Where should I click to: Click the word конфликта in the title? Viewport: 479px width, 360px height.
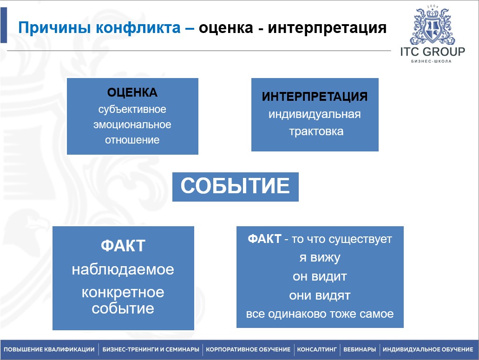(138, 28)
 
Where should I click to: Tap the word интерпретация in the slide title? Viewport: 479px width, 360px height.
(327, 28)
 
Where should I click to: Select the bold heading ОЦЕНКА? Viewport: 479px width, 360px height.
(132, 92)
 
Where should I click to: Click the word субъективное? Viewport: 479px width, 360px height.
(132, 109)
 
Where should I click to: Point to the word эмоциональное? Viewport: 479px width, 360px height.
(132, 124)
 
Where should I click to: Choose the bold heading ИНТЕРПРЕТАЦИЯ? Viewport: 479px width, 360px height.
(315, 97)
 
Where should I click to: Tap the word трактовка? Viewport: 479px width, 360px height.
(316, 131)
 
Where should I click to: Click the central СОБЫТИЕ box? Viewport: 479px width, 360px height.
(235, 187)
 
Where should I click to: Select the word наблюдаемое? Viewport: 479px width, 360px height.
(123, 269)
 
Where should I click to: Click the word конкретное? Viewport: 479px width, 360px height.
(123, 293)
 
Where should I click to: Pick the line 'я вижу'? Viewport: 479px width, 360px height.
(320, 258)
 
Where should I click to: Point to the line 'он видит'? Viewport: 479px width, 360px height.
(320, 277)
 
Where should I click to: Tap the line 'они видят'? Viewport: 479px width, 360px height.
(320, 295)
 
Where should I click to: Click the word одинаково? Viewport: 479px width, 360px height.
(294, 314)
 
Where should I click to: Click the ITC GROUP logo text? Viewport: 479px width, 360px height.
(433, 52)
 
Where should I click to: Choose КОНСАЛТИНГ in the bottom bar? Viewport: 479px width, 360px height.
(317, 349)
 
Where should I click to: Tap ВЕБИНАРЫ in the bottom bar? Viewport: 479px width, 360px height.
(360, 349)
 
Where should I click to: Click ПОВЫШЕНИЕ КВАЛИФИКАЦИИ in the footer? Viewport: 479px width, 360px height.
(49, 349)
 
